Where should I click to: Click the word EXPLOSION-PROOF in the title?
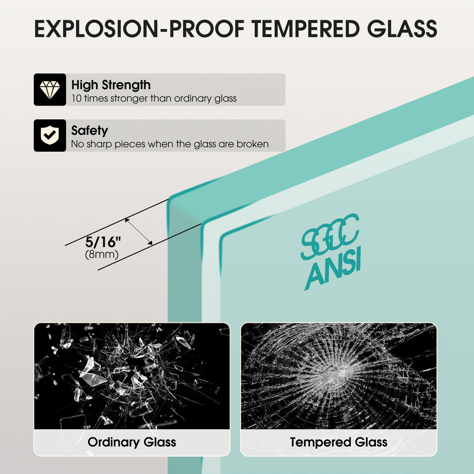pyautogui.click(x=139, y=29)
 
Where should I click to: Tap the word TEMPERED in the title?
pyautogui.click(x=306, y=29)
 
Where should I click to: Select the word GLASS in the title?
pyautogui.click(x=402, y=29)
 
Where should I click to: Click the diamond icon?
pyautogui.click(x=50, y=89)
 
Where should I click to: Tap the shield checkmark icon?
pyautogui.click(x=50, y=135)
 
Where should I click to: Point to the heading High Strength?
pyautogui.click(x=111, y=85)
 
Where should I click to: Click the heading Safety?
pyautogui.click(x=89, y=131)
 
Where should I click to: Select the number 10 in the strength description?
pyautogui.click(x=76, y=99)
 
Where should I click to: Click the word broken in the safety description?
pyautogui.click(x=253, y=144)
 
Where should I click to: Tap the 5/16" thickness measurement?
pyautogui.click(x=103, y=242)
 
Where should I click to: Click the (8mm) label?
pyautogui.click(x=101, y=254)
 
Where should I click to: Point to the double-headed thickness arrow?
pyautogui.click(x=138, y=231)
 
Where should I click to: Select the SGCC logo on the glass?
pyautogui.click(x=330, y=237)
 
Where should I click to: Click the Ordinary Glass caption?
pyautogui.click(x=132, y=442)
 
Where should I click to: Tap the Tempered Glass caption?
pyautogui.click(x=338, y=442)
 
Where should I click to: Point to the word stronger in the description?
pyautogui.click(x=129, y=99)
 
